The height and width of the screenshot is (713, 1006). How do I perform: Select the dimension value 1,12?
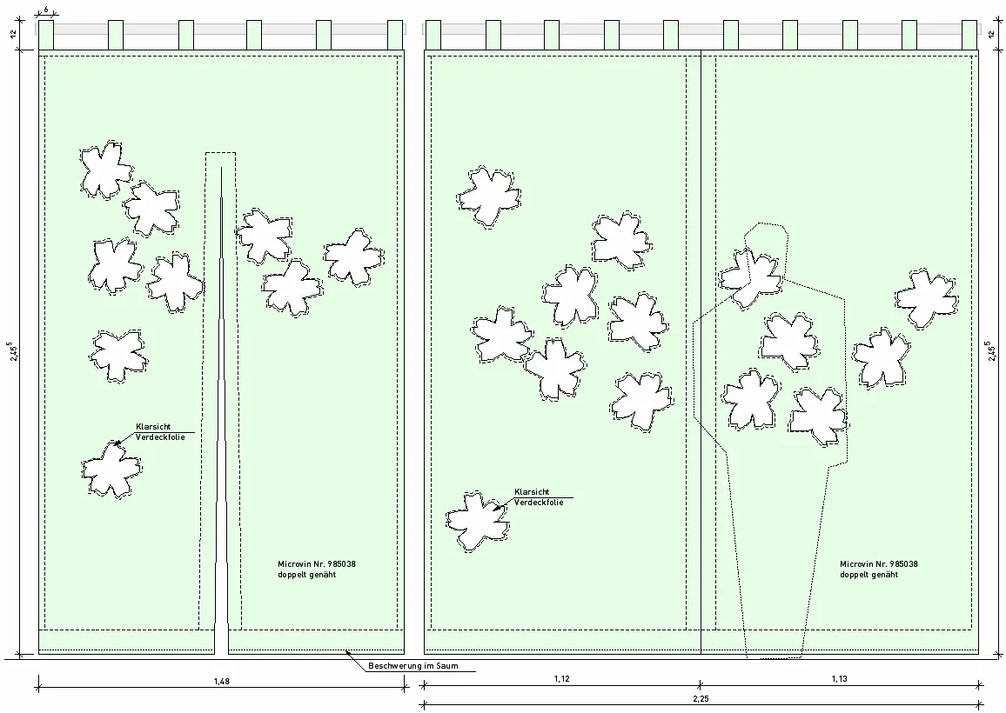[561, 679]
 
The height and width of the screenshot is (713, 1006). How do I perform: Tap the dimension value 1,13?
[838, 679]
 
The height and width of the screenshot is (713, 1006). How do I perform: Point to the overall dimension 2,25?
[701, 698]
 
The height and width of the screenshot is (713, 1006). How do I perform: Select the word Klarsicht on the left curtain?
[153, 427]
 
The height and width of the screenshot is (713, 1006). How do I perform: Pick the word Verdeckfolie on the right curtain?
[539, 503]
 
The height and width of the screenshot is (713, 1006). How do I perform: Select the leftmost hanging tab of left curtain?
[46, 35]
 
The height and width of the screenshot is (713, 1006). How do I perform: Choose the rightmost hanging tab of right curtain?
[969, 35]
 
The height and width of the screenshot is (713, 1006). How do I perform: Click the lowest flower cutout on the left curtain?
[111, 469]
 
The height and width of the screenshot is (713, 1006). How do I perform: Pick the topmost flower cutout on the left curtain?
[105, 169]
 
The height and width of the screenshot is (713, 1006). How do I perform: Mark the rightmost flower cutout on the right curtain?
[927, 298]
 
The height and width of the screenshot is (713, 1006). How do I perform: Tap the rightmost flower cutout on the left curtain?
[353, 257]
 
